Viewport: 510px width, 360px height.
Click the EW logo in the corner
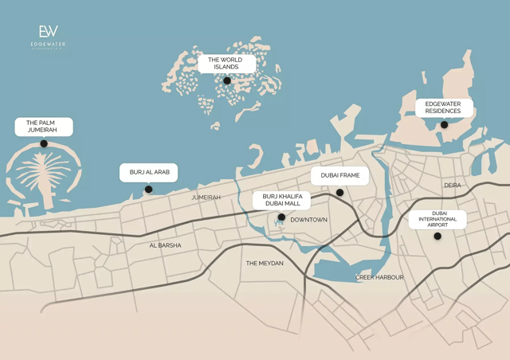(49, 33)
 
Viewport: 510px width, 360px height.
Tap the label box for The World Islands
(226, 64)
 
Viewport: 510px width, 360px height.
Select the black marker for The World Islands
(227, 80)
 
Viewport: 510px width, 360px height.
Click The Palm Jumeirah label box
(44, 127)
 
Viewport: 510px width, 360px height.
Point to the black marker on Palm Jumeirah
(44, 143)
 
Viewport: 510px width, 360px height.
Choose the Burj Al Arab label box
(148, 172)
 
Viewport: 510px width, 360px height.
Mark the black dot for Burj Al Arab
(148, 190)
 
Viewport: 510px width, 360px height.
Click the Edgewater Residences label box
(444, 108)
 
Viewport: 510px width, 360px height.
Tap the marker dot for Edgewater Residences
(444, 124)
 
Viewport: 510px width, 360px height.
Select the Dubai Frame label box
(339, 175)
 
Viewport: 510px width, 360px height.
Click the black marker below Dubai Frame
(339, 192)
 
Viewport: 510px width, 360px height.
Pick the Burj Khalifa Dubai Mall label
(281, 200)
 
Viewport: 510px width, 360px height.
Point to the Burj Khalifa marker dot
(281, 217)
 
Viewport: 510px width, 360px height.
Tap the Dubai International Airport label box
(437, 219)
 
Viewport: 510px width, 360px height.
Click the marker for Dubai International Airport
(437, 236)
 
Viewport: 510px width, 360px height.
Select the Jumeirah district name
(206, 197)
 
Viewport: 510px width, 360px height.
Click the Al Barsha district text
(165, 245)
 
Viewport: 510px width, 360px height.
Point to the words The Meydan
(264, 263)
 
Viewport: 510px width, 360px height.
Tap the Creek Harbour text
(379, 277)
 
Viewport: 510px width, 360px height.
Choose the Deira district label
(453, 186)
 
